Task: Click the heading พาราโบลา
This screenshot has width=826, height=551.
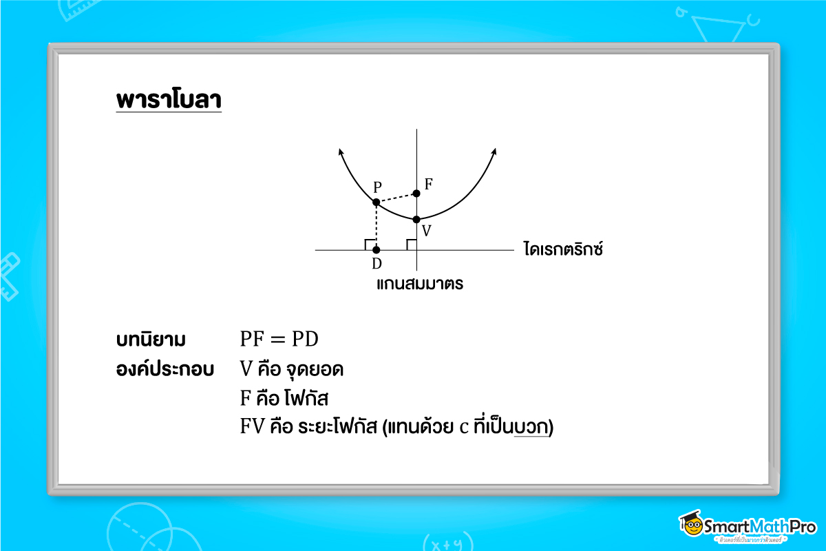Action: click(x=169, y=99)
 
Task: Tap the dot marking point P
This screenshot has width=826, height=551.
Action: click(x=376, y=202)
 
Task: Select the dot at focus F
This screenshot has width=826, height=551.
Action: click(x=416, y=194)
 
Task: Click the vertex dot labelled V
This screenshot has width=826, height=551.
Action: click(x=416, y=220)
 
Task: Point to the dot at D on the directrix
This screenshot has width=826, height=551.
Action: click(x=376, y=249)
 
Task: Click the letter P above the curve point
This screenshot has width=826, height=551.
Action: click(x=377, y=187)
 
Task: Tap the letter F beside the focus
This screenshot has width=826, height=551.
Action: click(x=429, y=184)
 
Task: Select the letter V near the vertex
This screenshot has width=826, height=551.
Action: click(x=427, y=231)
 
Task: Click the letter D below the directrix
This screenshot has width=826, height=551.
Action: click(x=377, y=264)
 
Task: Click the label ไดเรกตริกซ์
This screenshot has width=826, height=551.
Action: click(x=563, y=249)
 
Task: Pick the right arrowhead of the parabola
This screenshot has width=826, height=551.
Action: click(x=494, y=152)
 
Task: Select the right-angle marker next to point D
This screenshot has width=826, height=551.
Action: click(x=370, y=244)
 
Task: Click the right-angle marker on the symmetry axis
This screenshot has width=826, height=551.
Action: click(x=411, y=244)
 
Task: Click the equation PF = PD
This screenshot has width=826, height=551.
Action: click(x=279, y=340)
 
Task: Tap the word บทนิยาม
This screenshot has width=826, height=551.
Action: click(x=151, y=340)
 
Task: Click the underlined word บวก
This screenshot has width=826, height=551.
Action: click(x=532, y=427)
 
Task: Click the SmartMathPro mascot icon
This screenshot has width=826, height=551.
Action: click(x=690, y=526)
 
